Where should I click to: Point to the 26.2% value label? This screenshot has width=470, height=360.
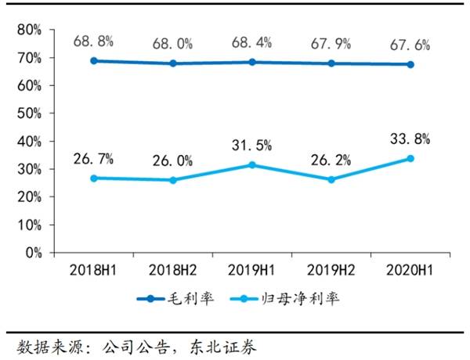click(331, 161)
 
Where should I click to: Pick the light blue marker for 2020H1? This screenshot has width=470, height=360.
click(410, 158)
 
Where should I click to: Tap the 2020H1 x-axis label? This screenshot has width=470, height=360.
click(410, 270)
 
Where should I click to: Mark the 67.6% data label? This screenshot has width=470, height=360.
click(410, 45)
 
